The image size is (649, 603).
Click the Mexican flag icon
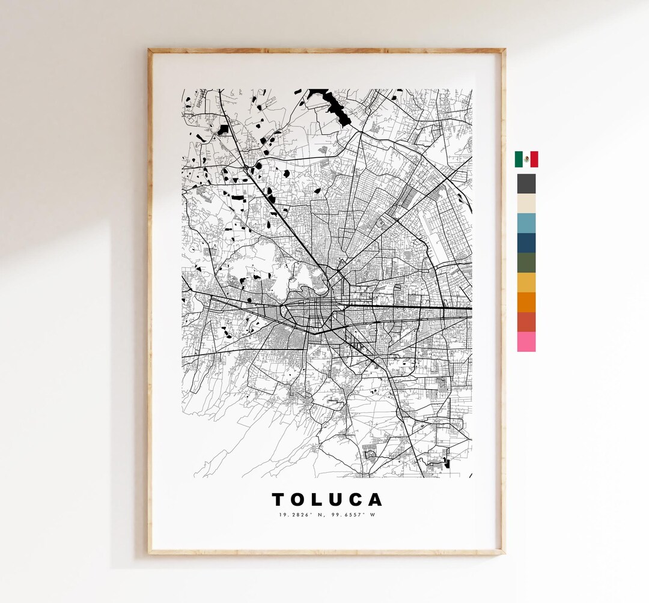tap(526, 159)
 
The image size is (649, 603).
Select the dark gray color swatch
tap(526, 183)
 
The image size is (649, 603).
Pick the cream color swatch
tap(526, 203)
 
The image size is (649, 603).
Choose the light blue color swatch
tap(526, 223)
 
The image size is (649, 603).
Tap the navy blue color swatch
tap(526, 243)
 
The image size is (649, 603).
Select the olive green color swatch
tap(526, 262)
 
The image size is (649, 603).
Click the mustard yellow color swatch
tap(526, 282)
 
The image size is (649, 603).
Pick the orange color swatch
tap(526, 302)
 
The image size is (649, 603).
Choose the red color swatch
tap(526, 322)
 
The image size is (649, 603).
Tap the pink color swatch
tap(526, 342)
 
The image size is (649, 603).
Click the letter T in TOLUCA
tap(278, 500)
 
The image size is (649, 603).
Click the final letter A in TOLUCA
tap(376, 500)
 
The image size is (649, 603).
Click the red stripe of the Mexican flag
tap(534, 159)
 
